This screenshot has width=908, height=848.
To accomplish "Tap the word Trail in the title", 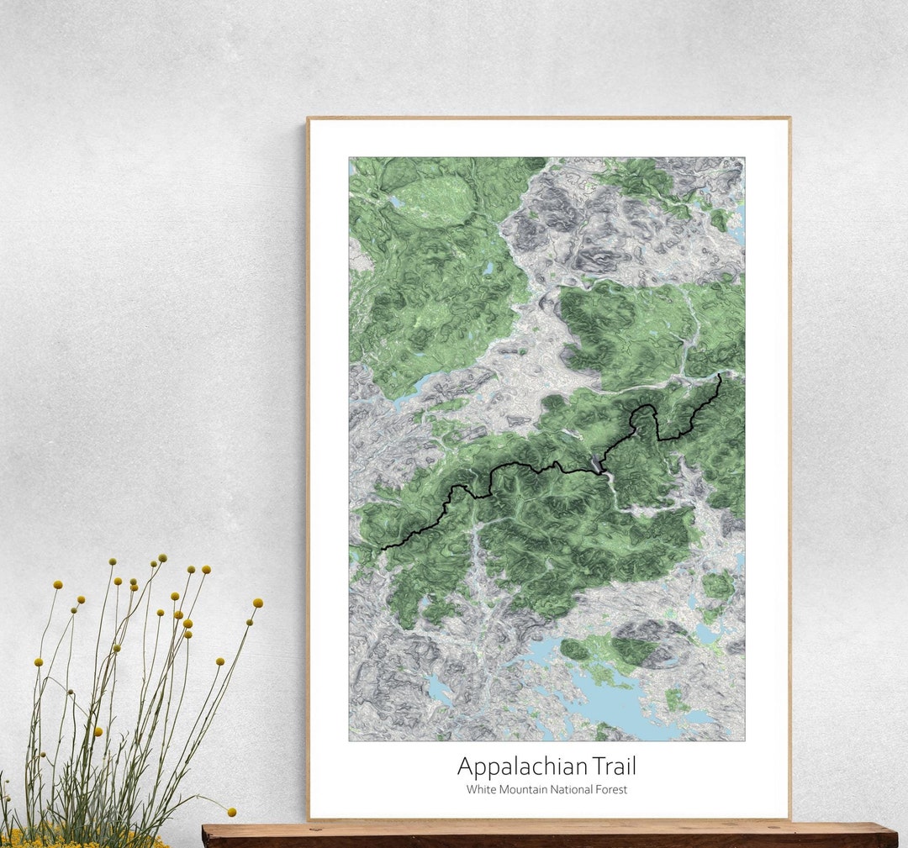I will click(x=613, y=766).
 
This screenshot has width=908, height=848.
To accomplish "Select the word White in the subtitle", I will click(x=481, y=790).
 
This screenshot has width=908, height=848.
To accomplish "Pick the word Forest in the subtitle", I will click(x=612, y=790).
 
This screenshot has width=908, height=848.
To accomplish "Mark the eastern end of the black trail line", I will click(x=721, y=375).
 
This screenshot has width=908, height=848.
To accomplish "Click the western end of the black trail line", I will click(x=383, y=549).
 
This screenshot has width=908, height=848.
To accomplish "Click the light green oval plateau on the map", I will click(x=435, y=202).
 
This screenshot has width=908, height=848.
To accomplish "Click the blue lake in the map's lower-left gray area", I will click(x=439, y=689).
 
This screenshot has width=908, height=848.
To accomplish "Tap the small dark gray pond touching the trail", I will click(x=598, y=465).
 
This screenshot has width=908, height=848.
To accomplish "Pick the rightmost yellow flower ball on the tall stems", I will click(x=257, y=603).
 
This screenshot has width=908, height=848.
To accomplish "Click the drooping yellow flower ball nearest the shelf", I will click(x=231, y=813).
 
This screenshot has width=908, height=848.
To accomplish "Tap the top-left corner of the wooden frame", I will click(x=309, y=119).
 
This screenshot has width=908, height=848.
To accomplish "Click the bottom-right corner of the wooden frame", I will click(x=789, y=818).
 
